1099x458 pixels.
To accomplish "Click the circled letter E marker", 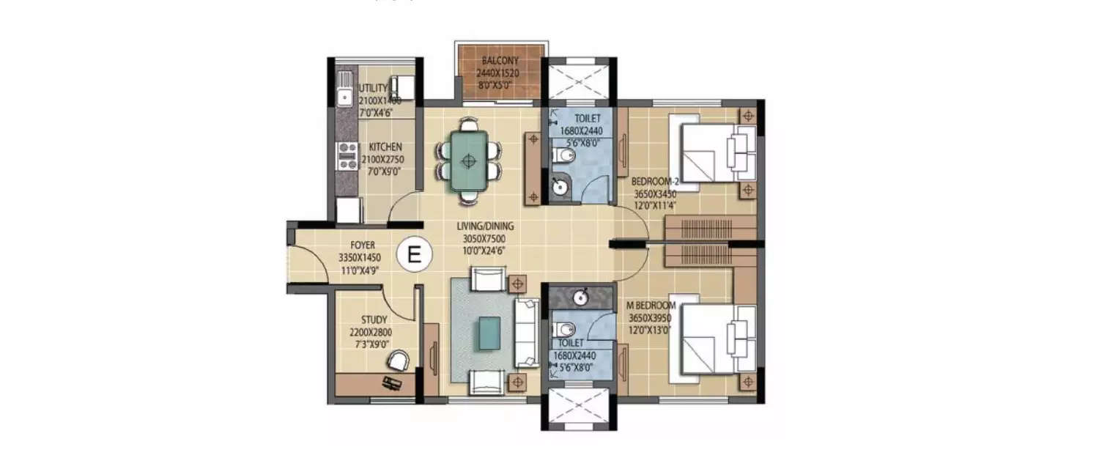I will [x=414, y=255].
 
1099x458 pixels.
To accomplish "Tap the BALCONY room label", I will [x=500, y=62].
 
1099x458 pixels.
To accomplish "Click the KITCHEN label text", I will [x=385, y=147].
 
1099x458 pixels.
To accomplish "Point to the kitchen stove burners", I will [x=347, y=156].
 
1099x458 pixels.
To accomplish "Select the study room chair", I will [x=398, y=360].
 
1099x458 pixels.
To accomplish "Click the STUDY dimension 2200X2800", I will [x=370, y=332].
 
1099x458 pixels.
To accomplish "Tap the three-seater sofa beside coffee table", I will [x=527, y=333].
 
